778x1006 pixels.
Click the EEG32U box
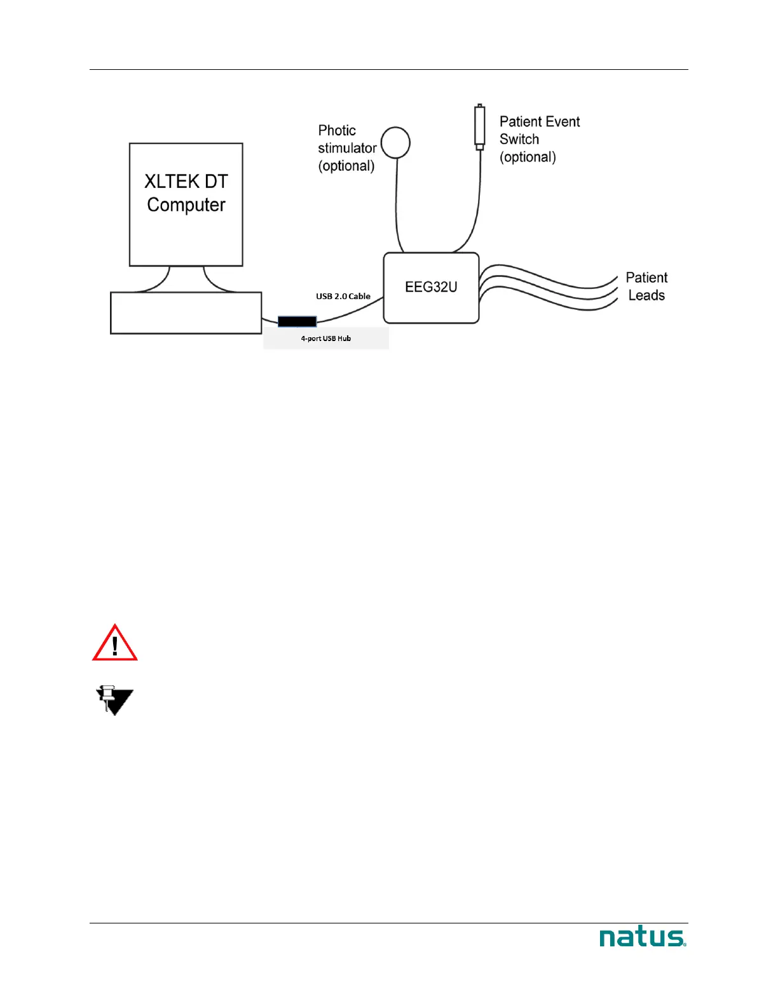pyautogui.click(x=431, y=288)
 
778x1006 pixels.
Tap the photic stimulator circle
pyautogui.click(x=395, y=142)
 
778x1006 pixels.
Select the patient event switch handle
pyautogui.click(x=480, y=127)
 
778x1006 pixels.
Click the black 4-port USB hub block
pyautogui.click(x=297, y=322)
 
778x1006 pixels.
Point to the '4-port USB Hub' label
pyautogui.click(x=326, y=339)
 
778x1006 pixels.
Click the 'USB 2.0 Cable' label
pyautogui.click(x=343, y=297)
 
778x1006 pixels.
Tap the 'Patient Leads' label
pyautogui.click(x=646, y=286)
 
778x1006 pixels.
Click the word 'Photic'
pyautogui.click(x=337, y=130)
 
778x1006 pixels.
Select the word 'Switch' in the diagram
pyautogui.click(x=519, y=139)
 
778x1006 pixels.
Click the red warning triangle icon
pyautogui.click(x=115, y=643)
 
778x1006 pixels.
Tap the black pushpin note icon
pyautogui.click(x=114, y=701)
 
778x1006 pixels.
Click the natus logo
pyautogui.click(x=643, y=937)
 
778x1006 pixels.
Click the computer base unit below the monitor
pyautogui.click(x=186, y=313)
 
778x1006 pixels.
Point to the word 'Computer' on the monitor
pyautogui.click(x=186, y=205)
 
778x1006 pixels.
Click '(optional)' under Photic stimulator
pyautogui.click(x=346, y=166)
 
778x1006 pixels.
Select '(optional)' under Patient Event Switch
pyautogui.click(x=528, y=157)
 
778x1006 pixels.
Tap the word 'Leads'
pyautogui.click(x=646, y=295)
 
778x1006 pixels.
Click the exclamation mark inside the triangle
pyautogui.click(x=115, y=647)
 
